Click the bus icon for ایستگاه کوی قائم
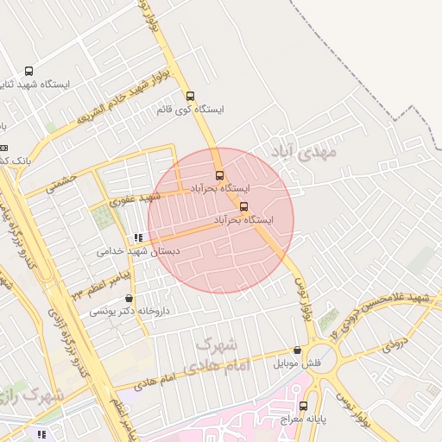point(191,96)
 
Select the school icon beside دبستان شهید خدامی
point(137,237)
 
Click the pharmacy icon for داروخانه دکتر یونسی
point(129,298)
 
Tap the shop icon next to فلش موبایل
point(298,350)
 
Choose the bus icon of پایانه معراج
point(303,405)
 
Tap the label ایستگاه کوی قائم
point(191,110)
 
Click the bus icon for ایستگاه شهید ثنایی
point(29,72)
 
